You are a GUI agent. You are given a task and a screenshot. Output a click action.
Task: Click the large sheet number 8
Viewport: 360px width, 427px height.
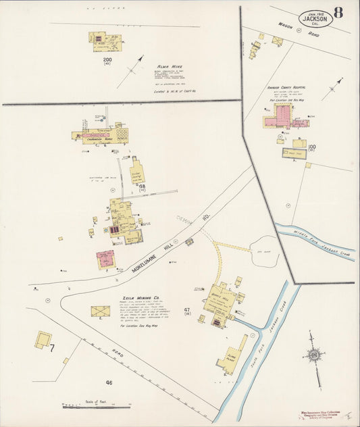338,14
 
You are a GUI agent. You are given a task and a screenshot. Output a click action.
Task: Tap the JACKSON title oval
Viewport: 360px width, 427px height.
315,18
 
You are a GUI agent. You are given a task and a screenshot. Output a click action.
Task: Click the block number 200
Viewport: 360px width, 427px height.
107,59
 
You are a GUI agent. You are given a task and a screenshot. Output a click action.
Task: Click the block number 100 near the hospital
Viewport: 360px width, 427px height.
311,147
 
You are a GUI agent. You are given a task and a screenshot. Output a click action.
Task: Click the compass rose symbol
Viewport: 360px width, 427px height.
313,355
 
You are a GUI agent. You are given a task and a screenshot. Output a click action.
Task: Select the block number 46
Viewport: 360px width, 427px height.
108,382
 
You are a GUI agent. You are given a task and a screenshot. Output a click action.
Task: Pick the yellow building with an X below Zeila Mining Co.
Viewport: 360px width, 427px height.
100,311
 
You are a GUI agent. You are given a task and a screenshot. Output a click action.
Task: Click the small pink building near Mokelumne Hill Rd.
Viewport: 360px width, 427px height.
105,259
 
